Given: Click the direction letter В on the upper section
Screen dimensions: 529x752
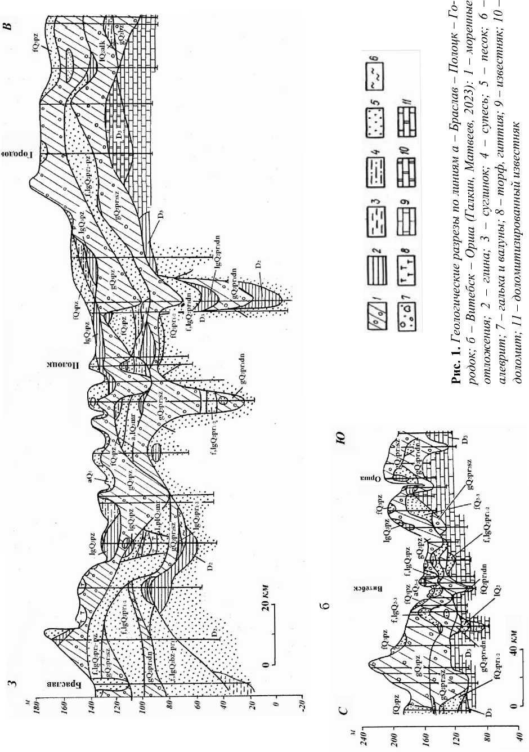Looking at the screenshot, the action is pyautogui.click(x=9, y=25).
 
